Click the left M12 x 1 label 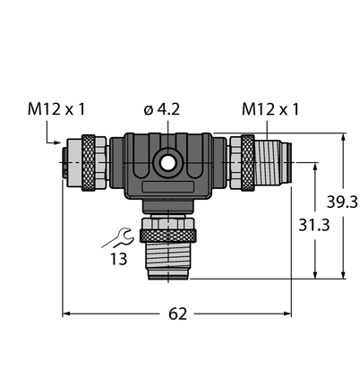point(56,109)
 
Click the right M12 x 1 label point(270,109)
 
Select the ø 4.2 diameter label point(161,109)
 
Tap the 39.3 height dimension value point(342,202)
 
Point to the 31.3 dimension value point(314,225)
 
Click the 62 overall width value point(177,314)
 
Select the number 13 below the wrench point(119,259)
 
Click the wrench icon point(118,237)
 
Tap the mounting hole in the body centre point(167,163)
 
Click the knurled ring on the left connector point(89,162)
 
